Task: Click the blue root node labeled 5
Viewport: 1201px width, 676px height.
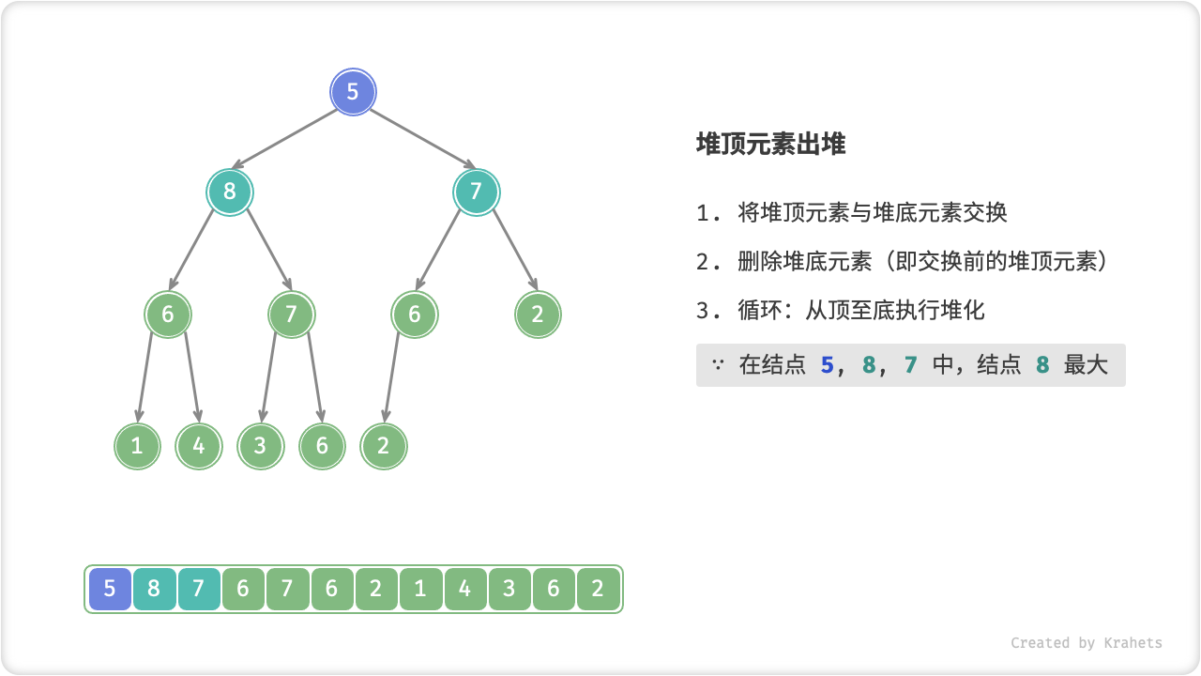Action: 353,92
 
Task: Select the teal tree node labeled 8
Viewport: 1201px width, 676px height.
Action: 230,192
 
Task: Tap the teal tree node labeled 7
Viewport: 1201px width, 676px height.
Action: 477,192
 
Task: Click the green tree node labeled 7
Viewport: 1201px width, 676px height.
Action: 291,315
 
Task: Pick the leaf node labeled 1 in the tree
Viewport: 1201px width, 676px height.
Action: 138,446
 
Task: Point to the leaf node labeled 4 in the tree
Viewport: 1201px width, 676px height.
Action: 199,446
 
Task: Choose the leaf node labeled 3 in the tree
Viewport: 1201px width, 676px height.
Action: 261,446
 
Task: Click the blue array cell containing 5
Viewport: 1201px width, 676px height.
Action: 110,590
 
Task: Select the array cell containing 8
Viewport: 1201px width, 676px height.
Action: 154,590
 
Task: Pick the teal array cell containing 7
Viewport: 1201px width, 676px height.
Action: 199,590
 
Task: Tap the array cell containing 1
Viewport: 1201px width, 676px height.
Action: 420,590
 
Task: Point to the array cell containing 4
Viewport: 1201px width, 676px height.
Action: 465,590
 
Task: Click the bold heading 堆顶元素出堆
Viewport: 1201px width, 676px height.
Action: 770,145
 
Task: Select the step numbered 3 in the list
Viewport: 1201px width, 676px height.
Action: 841,310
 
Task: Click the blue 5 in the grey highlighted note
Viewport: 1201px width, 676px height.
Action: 827,365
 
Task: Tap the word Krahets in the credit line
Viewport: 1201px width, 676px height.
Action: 1133,643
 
